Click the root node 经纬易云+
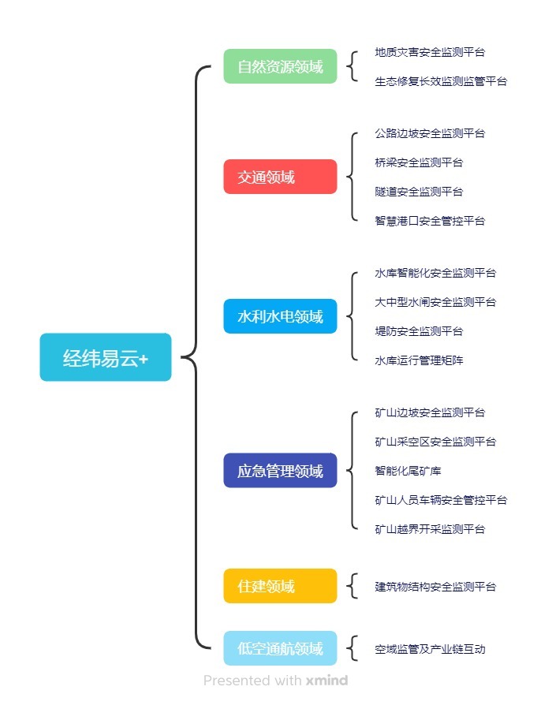click(106, 357)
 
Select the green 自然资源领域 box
click(280, 66)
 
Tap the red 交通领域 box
click(280, 177)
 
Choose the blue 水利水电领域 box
click(280, 316)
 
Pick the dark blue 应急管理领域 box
click(280, 471)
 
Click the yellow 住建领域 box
click(280, 586)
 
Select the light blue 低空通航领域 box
click(280, 648)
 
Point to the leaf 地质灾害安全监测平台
click(430, 52)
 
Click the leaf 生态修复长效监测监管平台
click(441, 80)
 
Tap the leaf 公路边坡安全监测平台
click(430, 133)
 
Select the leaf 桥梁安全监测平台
click(419, 162)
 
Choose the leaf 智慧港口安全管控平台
click(430, 221)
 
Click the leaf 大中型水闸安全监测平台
click(435, 302)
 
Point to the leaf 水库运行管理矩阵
click(419, 360)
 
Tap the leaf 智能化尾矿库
click(408, 471)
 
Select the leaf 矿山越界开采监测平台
click(430, 529)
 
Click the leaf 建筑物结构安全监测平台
click(435, 587)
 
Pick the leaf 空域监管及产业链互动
click(430, 649)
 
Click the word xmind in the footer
click(326, 680)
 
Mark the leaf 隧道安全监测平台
click(419, 192)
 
